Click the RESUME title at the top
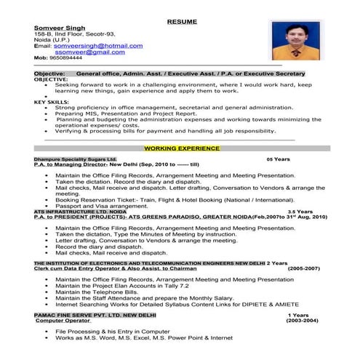pos(182,22)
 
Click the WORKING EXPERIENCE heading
pos(181,148)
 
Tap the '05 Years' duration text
pos(278,158)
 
